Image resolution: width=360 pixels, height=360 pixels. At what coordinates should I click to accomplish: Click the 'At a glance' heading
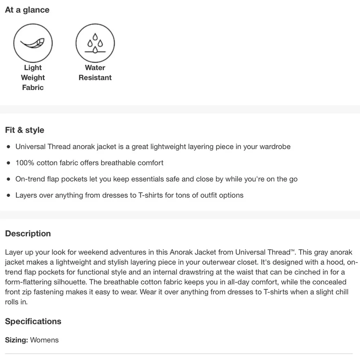[27, 10]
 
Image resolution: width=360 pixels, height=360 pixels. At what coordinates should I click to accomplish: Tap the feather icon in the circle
[33, 43]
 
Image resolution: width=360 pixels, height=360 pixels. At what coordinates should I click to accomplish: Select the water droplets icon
[95, 43]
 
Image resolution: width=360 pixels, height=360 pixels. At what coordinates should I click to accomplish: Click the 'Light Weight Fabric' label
[33, 77]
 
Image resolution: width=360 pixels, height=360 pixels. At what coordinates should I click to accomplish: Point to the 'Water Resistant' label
[95, 72]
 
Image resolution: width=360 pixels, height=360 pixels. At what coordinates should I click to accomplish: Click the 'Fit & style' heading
[24, 130]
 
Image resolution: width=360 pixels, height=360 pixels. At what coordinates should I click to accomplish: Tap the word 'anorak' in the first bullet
[84, 147]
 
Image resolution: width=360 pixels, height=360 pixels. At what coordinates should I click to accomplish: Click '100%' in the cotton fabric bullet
[25, 163]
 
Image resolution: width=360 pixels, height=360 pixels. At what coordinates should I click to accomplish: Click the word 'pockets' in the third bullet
[74, 179]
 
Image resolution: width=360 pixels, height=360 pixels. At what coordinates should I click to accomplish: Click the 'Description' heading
[28, 234]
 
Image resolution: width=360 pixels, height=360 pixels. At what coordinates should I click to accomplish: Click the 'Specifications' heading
[33, 321]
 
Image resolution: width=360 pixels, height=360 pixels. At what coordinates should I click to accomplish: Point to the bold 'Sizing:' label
[17, 340]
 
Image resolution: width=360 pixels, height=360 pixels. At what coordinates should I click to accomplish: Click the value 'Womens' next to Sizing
[44, 340]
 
